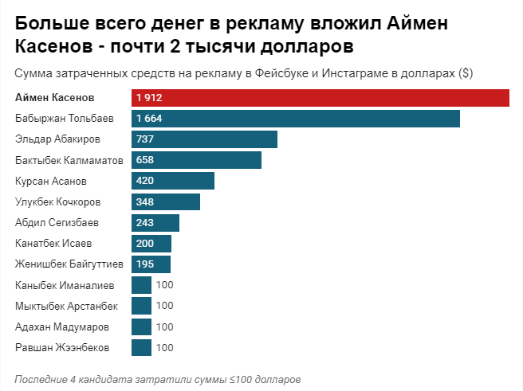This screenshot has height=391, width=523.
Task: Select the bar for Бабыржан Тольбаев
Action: [x=296, y=119]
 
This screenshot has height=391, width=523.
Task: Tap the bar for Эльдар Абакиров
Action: [x=204, y=139]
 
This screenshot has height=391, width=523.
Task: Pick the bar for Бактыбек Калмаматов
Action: [x=196, y=160]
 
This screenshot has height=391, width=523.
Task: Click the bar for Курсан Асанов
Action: [x=173, y=181]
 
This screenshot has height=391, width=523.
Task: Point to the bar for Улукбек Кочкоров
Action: [x=166, y=201]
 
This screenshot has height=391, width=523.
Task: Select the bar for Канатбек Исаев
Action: [x=151, y=243]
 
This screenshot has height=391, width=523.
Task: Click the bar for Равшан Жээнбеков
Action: [x=141, y=347]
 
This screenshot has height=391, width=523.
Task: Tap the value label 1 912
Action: [x=149, y=98]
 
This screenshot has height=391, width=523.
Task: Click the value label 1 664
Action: [x=149, y=119]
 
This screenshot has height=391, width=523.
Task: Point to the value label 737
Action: [x=145, y=139]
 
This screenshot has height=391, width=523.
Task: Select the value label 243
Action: [x=145, y=222]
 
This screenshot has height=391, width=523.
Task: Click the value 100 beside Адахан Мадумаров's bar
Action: [x=164, y=326]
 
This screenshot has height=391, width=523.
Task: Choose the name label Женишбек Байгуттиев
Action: [x=69, y=264]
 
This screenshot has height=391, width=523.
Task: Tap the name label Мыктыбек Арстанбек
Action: [x=67, y=306]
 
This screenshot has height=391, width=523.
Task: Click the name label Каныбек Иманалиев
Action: [x=65, y=285]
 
